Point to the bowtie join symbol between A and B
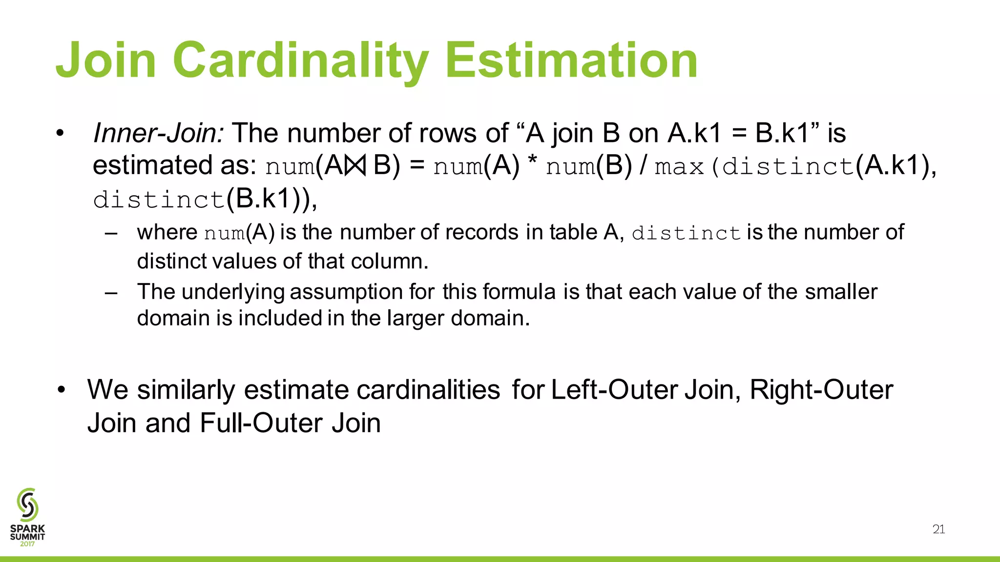click(355, 166)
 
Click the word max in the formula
click(679, 167)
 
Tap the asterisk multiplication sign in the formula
click(533, 163)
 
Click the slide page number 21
click(938, 529)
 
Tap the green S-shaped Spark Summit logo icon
click(27, 504)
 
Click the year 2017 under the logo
click(27, 544)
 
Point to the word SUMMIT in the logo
click(27, 537)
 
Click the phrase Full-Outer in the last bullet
click(263, 422)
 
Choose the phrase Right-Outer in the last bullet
click(821, 390)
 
